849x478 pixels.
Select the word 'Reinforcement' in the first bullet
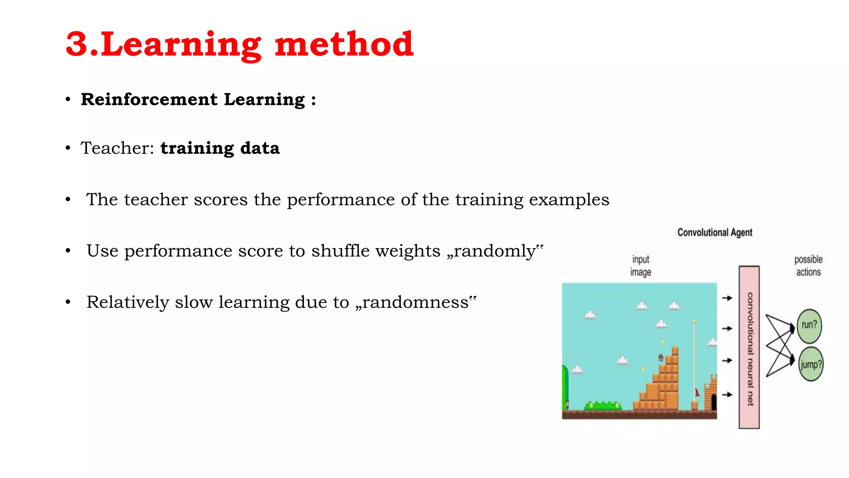point(149,100)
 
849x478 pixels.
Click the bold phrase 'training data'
point(220,148)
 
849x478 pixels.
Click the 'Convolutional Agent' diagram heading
point(715,232)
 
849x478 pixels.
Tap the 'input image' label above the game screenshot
point(640,266)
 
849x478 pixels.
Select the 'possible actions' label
point(808,266)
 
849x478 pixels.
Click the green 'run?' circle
point(809,325)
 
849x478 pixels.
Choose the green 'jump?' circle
point(811,365)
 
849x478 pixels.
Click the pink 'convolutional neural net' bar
point(749,348)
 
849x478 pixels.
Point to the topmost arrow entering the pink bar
point(727,298)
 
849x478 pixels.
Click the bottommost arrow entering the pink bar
point(727,395)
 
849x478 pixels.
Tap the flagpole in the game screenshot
point(694,361)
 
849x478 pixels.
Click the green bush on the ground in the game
point(603,405)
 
